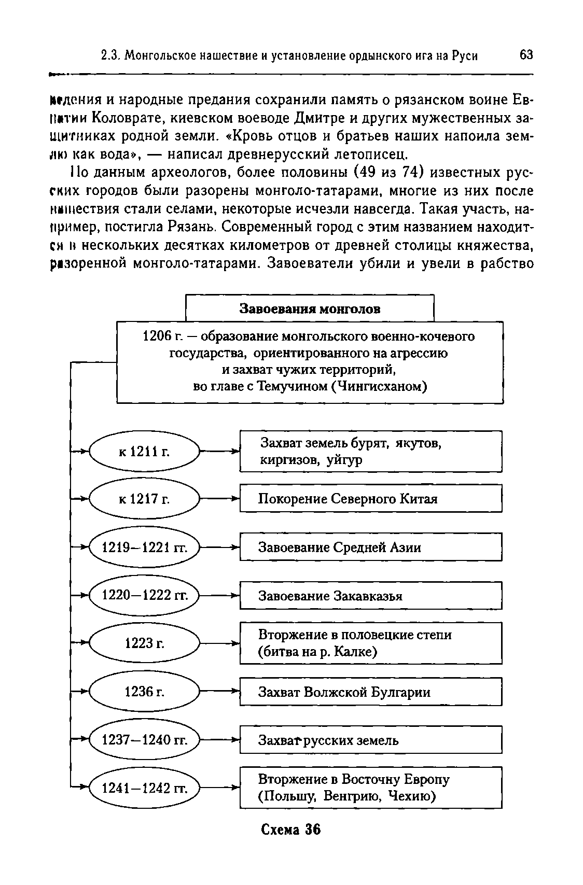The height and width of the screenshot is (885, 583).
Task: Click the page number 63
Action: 525,55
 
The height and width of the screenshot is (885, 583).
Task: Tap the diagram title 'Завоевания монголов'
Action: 310,309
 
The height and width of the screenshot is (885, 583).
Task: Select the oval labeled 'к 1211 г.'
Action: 145,452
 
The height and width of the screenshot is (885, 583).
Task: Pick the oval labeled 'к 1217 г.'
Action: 145,499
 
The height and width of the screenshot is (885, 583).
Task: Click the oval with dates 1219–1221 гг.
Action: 145,547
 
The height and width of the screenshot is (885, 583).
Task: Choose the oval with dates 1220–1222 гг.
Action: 145,595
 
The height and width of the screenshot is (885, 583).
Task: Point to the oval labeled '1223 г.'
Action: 145,643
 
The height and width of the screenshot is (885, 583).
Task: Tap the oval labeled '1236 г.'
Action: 145,692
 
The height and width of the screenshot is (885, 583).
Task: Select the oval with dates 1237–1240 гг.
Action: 145,740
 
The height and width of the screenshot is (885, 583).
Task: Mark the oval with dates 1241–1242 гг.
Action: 145,788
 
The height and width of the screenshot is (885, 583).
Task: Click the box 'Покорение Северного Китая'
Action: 370,499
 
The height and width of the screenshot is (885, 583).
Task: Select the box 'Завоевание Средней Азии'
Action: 370,547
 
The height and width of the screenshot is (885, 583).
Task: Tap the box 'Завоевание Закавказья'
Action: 370,596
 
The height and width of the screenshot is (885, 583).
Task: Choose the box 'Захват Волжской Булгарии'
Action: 370,692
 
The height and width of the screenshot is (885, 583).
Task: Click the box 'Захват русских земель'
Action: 370,740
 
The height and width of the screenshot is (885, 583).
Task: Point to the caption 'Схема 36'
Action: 290,830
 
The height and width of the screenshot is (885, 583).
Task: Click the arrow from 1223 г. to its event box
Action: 219,643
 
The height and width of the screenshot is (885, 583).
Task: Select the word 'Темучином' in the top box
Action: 291,386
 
